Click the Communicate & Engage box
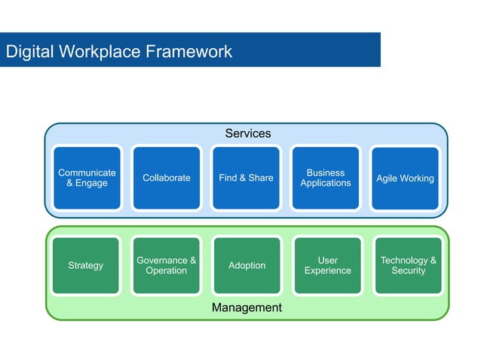click(87, 178)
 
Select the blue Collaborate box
click(167, 178)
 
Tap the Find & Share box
click(246, 178)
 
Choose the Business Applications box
click(325, 178)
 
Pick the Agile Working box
click(405, 178)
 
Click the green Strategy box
click(86, 265)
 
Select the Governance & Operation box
click(166, 265)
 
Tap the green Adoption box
click(247, 265)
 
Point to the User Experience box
click(327, 265)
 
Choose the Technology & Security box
click(408, 265)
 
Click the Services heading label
click(247, 133)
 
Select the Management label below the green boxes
click(247, 307)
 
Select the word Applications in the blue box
click(325, 183)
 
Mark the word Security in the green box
click(408, 270)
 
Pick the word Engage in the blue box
click(91, 183)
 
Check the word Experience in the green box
click(327, 270)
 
